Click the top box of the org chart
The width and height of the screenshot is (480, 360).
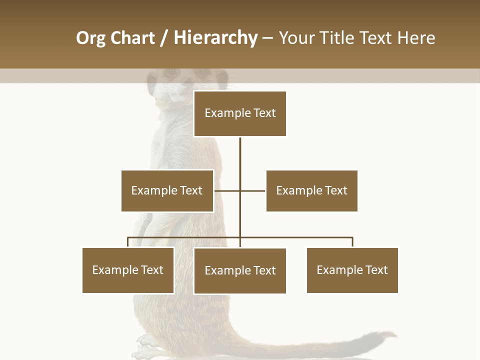[240, 113]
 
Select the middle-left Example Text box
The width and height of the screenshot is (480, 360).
[167, 190]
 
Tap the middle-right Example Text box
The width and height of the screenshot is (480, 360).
[311, 190]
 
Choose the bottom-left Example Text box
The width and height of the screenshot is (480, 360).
[128, 270]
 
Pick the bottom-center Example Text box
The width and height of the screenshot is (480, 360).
[240, 270]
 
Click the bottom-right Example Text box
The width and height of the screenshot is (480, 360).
[352, 270]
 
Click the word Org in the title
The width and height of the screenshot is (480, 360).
[90, 38]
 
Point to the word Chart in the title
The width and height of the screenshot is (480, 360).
[132, 38]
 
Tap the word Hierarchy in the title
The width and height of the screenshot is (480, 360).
[215, 38]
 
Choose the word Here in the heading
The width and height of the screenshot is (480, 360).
[416, 38]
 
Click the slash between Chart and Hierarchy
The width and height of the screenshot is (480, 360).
[164, 38]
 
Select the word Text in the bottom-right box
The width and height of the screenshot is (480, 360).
[376, 270]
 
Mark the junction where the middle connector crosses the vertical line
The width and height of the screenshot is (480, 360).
[240, 190]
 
